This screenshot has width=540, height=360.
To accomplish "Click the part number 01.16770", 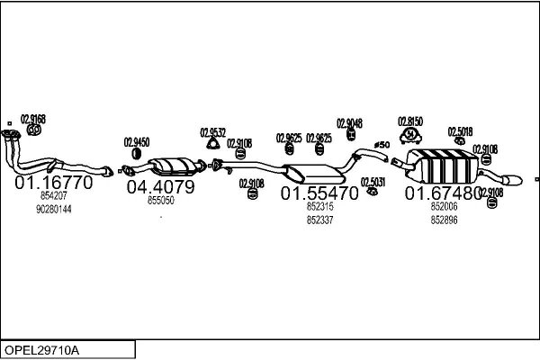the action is pos(54,182).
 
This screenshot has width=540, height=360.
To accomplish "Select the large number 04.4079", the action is pos(160,187).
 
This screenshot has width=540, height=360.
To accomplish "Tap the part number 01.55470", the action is pos(319,193).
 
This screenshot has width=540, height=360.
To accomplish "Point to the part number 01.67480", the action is pos(443,193).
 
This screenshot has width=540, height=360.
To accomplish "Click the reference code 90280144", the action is pos(54,209).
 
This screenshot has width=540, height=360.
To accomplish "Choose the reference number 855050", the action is pos(161,200).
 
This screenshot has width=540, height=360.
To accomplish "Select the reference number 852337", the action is pos(319,220).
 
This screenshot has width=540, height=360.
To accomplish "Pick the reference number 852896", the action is pos(444,220).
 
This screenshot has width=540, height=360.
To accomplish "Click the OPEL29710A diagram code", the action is pos(41,350).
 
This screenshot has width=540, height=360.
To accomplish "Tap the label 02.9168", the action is pos(33,119).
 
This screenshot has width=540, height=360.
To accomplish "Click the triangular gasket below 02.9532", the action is pos(213,144).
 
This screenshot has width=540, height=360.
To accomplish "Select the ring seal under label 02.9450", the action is pos(137,154).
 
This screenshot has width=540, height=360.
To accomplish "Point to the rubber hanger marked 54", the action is pos(410,135).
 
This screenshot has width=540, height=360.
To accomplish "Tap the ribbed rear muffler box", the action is pos(443,166).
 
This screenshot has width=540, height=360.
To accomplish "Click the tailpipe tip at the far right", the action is pos(512,180).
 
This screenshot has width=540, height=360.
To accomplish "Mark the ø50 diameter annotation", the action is pos(382,145).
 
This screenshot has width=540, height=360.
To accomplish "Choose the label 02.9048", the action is pos(349,123).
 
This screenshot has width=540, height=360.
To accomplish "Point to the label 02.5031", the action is pos(373,182).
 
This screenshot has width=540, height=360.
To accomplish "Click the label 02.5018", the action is pos(460,131).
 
